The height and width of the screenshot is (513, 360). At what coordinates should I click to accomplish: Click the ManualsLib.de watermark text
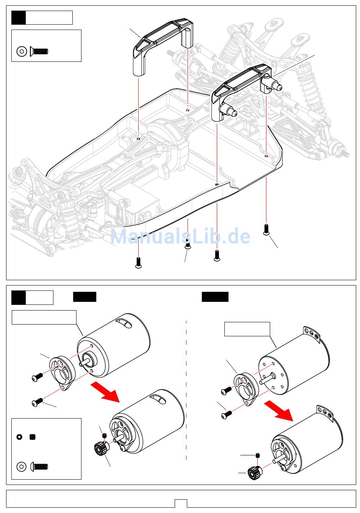point(180,237)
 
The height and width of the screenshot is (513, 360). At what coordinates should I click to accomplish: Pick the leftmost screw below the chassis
point(138,262)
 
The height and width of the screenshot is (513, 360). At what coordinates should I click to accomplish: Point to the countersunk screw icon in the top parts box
point(39,52)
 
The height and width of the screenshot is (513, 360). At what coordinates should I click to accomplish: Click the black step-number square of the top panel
point(19,17)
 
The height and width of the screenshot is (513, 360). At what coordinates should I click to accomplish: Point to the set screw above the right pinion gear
point(258,455)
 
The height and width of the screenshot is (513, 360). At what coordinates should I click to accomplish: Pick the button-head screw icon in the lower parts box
point(39,466)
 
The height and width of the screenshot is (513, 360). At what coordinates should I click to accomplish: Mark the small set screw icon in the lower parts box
point(33,437)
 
